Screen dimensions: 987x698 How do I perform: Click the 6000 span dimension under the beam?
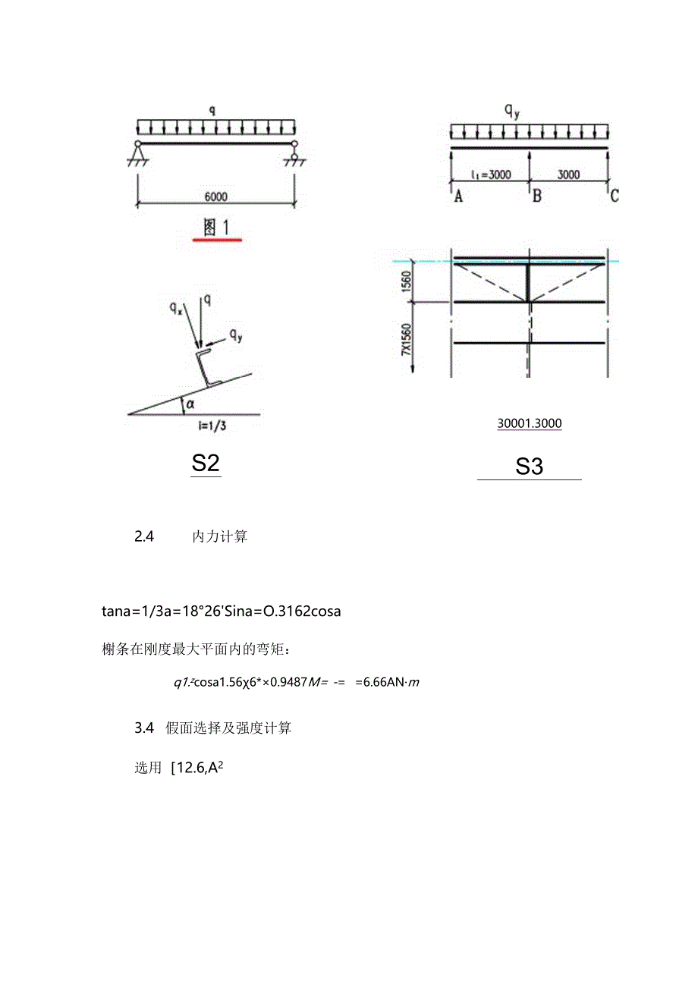[215, 196]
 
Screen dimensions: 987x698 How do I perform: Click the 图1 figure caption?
[217, 227]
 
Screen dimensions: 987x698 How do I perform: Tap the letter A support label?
[458, 196]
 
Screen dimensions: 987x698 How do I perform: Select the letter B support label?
[536, 196]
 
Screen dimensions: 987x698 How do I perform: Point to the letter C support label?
[614, 196]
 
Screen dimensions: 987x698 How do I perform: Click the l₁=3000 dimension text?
[491, 174]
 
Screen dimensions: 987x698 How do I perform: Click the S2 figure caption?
[206, 464]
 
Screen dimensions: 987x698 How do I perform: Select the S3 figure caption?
[529, 467]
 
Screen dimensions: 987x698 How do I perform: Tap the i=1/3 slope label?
[212, 426]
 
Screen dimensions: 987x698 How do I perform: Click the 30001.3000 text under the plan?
[530, 424]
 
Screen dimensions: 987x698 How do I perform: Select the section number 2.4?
[144, 537]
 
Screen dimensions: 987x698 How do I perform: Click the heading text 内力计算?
[220, 537]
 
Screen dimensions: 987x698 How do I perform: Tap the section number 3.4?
[144, 728]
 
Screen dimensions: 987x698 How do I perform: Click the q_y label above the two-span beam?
[514, 112]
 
